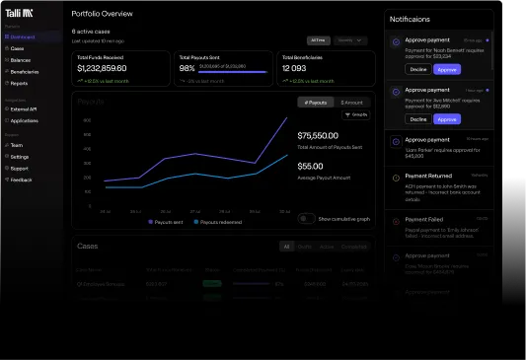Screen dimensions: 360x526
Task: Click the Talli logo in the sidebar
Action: pyautogui.click(x=19, y=13)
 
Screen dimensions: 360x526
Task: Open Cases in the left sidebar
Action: pyautogui.click(x=17, y=47)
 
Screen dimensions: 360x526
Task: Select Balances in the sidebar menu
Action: pyautogui.click(x=20, y=59)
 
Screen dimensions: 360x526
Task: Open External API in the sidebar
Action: pyautogui.click(x=24, y=109)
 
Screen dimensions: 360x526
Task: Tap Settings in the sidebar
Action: pyautogui.click(x=19, y=157)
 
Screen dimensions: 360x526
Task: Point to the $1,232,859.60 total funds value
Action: pyautogui.click(x=102, y=68)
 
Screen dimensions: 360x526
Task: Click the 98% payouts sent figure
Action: pyautogui.click(x=185, y=69)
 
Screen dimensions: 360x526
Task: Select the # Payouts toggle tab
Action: pyautogui.click(x=314, y=103)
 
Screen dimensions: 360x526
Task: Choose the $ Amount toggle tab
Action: pyautogui.click(x=350, y=103)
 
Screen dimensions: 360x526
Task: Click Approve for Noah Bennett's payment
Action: pyautogui.click(x=447, y=70)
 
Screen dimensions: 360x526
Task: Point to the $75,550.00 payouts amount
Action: pyautogui.click(x=318, y=135)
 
